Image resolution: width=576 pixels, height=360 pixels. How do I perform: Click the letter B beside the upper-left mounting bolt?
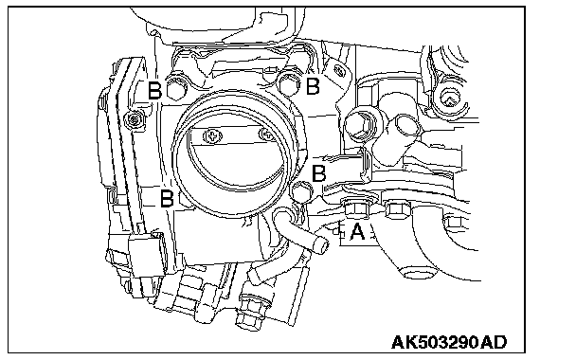[x=154, y=90]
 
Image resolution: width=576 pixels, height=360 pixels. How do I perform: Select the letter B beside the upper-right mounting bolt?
[x=313, y=86]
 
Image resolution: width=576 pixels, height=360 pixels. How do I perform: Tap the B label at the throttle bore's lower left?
[x=167, y=198]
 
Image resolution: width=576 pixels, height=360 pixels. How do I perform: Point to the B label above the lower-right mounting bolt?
[x=318, y=173]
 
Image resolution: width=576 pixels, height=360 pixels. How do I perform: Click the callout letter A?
[x=357, y=232]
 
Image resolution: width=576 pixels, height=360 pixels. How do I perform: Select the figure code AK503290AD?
[x=449, y=342]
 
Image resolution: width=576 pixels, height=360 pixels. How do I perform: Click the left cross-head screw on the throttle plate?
[x=213, y=137]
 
